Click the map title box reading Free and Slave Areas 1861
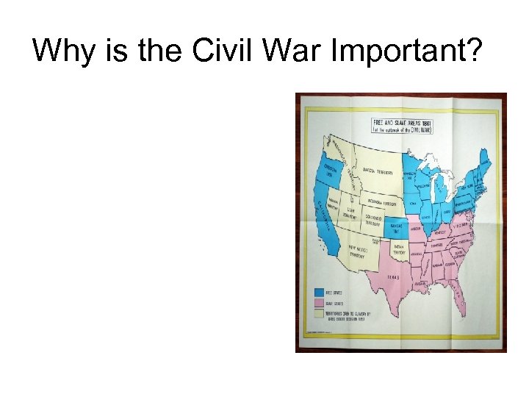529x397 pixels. (x=401, y=125)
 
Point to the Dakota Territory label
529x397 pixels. (x=378, y=172)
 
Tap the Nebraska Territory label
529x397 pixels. (x=380, y=202)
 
